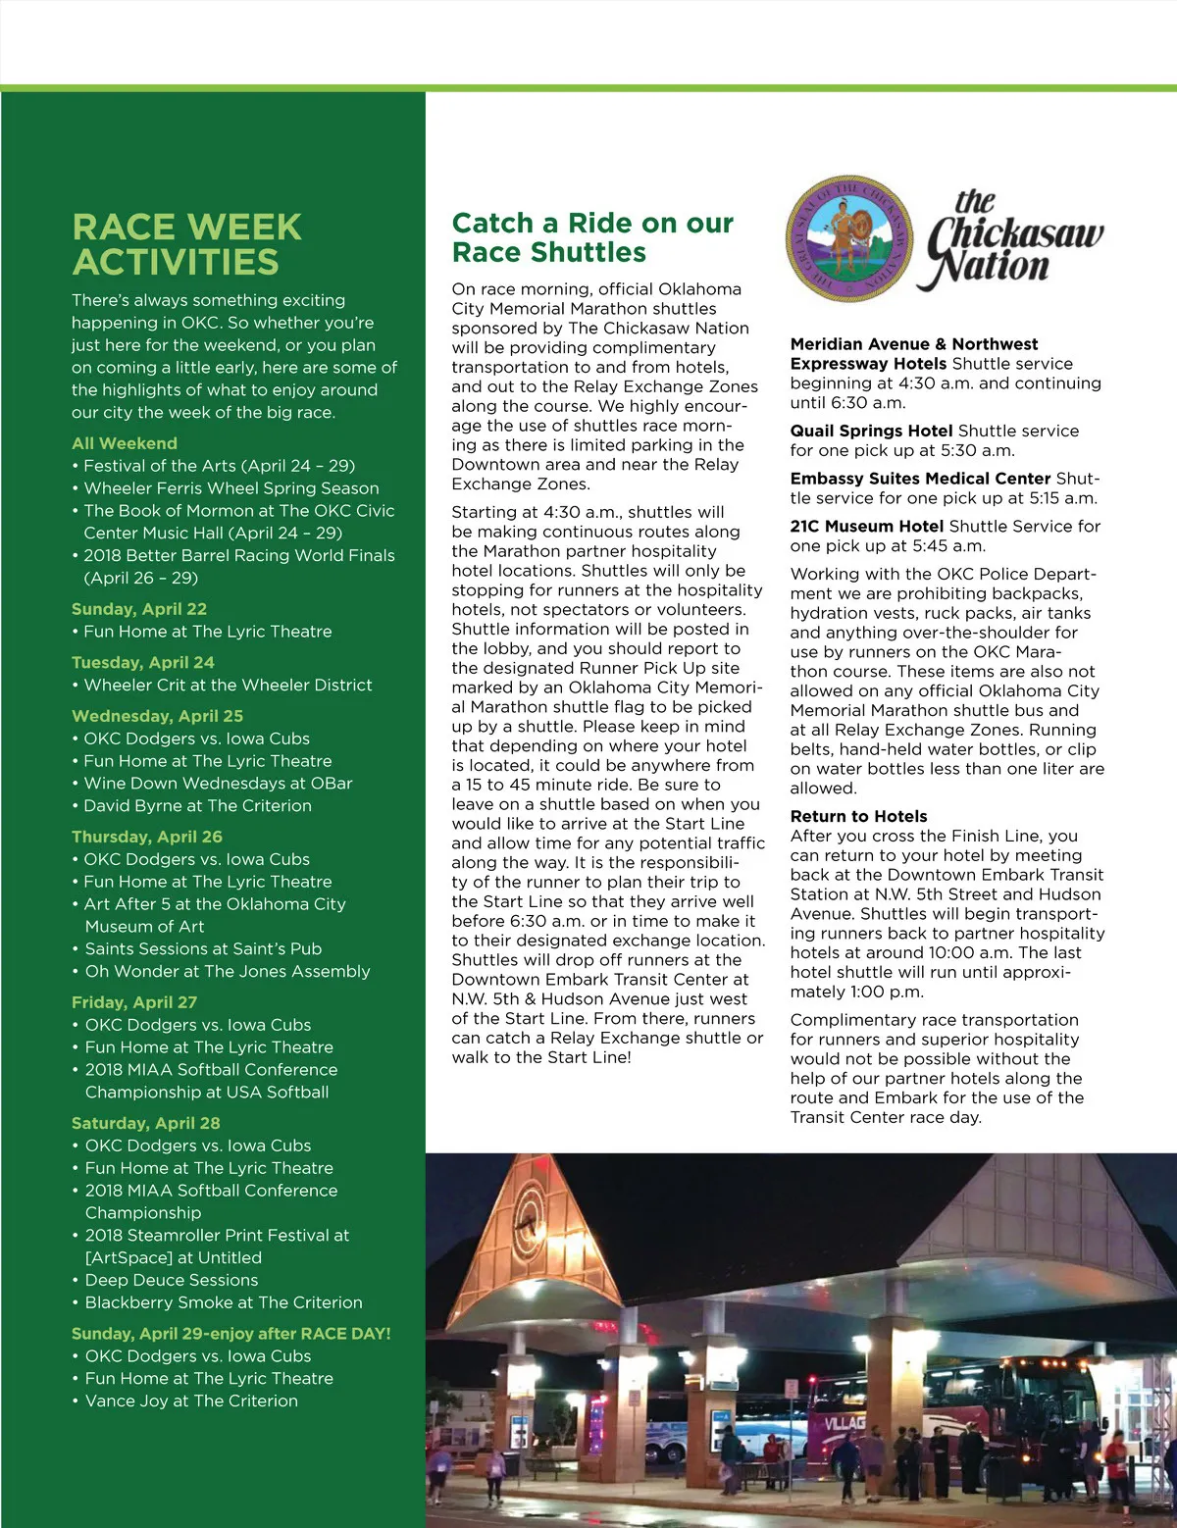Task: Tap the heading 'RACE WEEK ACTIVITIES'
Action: click(186, 244)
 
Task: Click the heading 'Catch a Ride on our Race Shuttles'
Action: click(592, 237)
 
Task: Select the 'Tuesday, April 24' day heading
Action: click(143, 662)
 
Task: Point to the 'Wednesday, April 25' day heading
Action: click(157, 716)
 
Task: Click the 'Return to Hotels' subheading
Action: click(858, 816)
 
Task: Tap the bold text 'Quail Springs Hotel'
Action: click(871, 431)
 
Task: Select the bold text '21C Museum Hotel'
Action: click(867, 526)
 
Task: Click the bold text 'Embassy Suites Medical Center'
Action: click(920, 479)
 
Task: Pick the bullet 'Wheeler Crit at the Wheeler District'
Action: click(228, 685)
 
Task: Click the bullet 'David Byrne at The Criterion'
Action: click(197, 805)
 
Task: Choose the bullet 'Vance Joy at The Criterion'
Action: click(191, 1401)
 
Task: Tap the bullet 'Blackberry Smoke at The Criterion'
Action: click(224, 1302)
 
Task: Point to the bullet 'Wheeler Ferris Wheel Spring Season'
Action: click(230, 487)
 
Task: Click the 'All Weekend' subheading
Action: click(125, 443)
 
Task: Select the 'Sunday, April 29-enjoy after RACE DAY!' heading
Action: click(230, 1334)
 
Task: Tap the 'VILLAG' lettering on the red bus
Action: click(844, 1421)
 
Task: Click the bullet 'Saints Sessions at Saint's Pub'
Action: click(203, 948)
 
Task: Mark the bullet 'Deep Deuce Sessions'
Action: click(172, 1280)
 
